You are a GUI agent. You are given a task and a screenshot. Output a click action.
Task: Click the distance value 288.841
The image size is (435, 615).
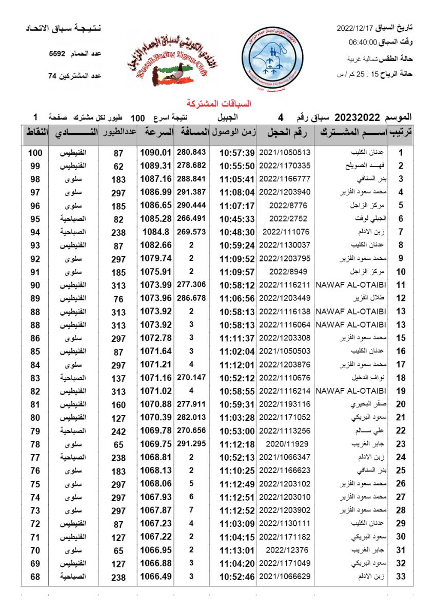click(x=191, y=179)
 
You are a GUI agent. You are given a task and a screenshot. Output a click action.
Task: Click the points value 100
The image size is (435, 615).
click(x=35, y=153)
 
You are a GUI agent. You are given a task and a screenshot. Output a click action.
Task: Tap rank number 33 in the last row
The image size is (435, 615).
click(x=401, y=577)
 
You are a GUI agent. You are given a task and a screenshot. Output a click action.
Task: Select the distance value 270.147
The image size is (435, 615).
click(x=191, y=378)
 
